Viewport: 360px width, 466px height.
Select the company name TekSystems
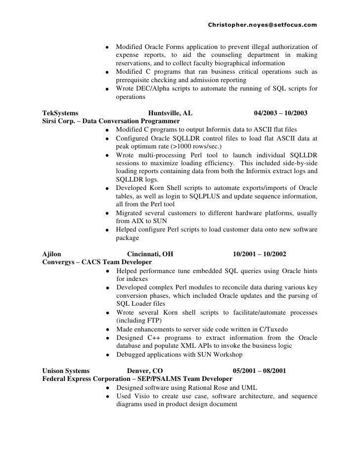[58, 113]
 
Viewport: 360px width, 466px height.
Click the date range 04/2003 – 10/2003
[281, 113]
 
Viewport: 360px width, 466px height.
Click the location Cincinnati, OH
[147, 255]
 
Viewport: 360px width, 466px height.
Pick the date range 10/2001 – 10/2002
[259, 255]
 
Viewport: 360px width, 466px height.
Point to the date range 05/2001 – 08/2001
[259, 371]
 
